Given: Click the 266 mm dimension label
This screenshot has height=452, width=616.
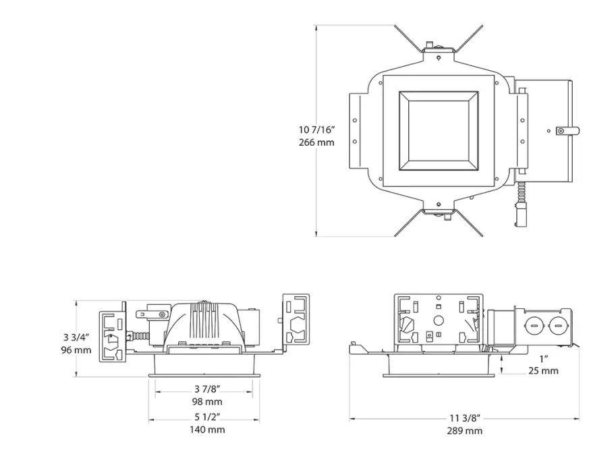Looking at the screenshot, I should tap(316, 142).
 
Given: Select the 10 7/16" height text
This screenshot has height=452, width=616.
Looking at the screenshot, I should tap(316, 129).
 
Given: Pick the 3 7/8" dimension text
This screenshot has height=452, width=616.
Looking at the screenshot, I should tap(206, 389).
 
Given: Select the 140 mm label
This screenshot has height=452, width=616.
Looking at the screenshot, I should tap(206, 430).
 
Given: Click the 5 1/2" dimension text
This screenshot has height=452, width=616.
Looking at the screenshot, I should tap(206, 417).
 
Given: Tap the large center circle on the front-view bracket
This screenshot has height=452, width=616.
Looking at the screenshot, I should tap(437, 321).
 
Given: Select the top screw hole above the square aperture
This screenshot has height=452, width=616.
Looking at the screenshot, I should tap(439, 58).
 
